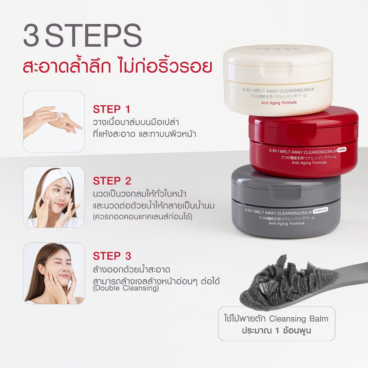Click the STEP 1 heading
pyautogui.click(x=111, y=109)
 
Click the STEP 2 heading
pyautogui.click(x=112, y=181)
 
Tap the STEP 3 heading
pyautogui.click(x=112, y=256)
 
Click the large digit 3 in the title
pyautogui.click(x=31, y=35)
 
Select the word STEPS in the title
pyautogui.click(x=94, y=35)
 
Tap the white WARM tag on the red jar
pyautogui.click(x=342, y=149)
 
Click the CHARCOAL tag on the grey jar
pyautogui.click(x=320, y=210)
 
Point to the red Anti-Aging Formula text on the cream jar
pyautogui.click(x=279, y=102)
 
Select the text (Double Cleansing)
pyautogui.click(x=126, y=288)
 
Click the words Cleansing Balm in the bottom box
pyautogui.click(x=299, y=319)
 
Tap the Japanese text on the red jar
pyautogui.click(x=309, y=157)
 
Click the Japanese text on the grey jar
pyautogui.click(x=286, y=218)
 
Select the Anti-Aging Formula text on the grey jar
pyautogui.click(x=286, y=224)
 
